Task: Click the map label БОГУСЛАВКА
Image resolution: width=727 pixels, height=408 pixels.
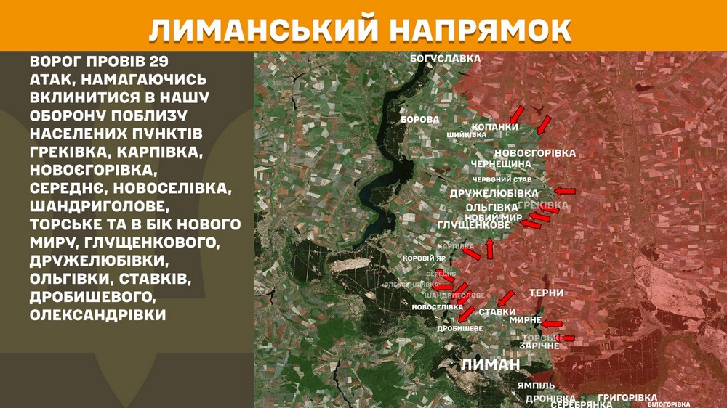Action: [x=446, y=57]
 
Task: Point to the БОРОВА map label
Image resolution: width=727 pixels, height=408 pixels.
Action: [x=420, y=119]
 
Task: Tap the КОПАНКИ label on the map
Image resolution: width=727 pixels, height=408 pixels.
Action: [x=495, y=127]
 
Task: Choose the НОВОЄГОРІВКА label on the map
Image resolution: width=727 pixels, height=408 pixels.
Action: [x=534, y=153]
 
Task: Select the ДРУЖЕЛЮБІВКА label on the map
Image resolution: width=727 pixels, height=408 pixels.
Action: [x=494, y=193]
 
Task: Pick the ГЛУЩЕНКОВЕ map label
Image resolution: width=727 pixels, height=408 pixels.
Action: [x=474, y=227]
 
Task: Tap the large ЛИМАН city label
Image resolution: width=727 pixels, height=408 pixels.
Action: [x=491, y=364]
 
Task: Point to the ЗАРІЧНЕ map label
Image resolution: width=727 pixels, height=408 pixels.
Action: [x=539, y=346]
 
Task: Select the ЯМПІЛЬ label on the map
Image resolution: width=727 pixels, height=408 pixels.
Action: [x=537, y=385]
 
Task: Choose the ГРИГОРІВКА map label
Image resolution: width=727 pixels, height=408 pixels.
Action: [x=627, y=398]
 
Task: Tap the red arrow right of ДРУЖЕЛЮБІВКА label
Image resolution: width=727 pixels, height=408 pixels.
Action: [x=564, y=192]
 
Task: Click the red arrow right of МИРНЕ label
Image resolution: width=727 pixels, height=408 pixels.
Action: [x=552, y=324]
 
